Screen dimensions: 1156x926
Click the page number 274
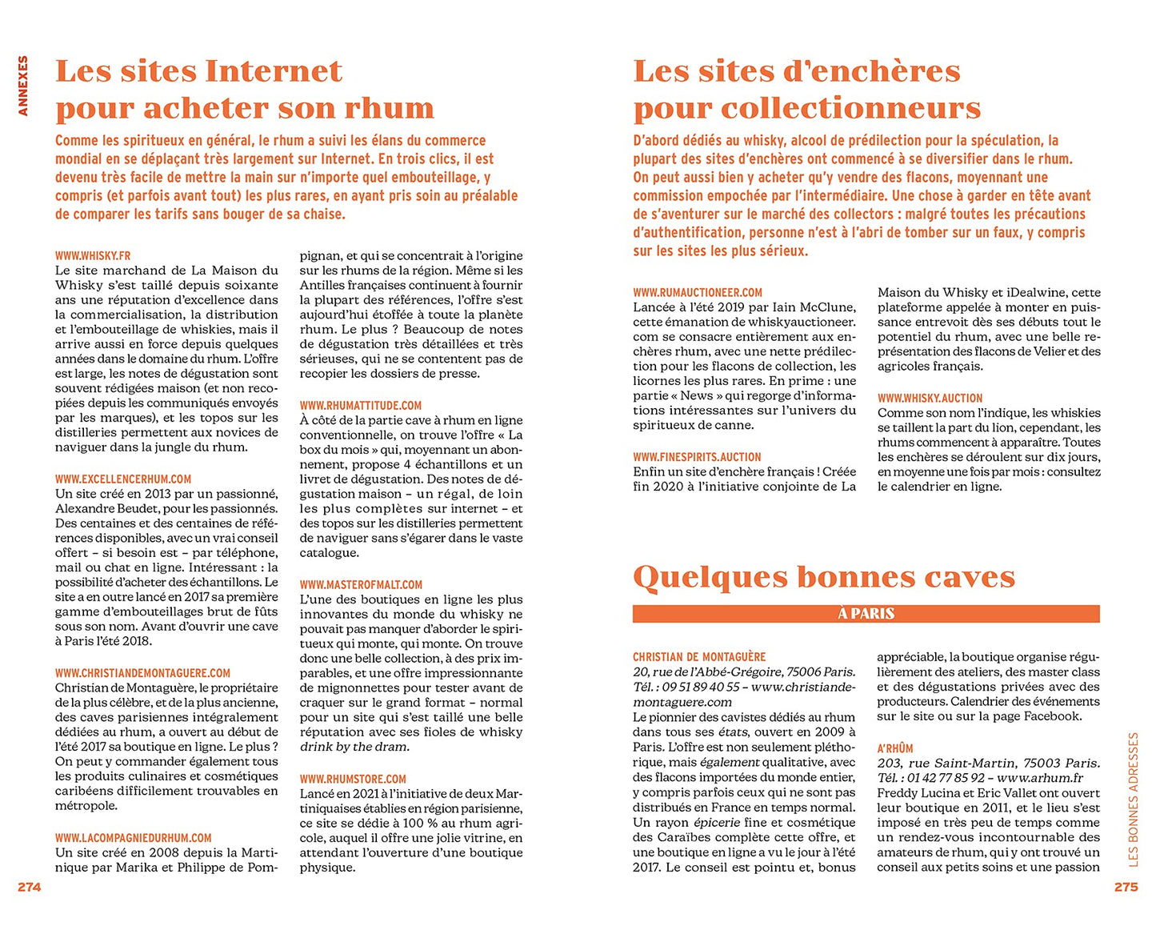pos(29,887)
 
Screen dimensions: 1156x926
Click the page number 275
pos(1125,887)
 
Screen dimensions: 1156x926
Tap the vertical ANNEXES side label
pos(23,86)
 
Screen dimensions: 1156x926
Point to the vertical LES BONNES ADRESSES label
pos(1132,799)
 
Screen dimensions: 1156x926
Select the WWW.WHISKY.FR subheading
pos(93,256)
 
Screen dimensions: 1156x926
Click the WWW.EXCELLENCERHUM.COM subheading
pos(123,479)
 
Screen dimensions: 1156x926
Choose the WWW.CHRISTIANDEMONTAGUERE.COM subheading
pos(142,673)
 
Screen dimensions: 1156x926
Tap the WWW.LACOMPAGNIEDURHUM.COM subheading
pos(134,838)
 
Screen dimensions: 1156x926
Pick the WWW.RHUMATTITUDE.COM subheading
pos(361,406)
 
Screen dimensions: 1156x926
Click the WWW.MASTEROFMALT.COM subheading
pos(361,585)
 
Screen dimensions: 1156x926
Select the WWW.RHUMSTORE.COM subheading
pos(353,779)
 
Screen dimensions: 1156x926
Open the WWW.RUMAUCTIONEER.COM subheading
pos(698,293)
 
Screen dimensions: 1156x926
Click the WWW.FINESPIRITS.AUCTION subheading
pos(697,457)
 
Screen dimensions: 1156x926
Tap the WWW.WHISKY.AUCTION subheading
pos(930,398)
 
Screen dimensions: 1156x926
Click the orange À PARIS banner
pos(866,614)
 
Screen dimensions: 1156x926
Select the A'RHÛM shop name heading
pos(895,748)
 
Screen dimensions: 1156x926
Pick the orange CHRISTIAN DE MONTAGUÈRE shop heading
pos(699,657)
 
